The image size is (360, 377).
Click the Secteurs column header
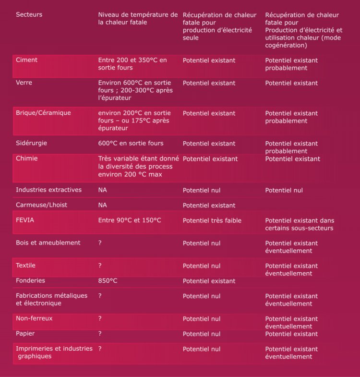29,14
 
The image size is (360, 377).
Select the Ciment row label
26,60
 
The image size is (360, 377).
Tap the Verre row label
24,83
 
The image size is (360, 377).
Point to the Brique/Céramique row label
43,113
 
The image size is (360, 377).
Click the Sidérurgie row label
31,143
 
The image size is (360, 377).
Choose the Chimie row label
26,158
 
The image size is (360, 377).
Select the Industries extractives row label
48,190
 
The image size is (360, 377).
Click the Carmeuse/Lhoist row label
41,205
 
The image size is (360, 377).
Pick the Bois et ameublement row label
48,243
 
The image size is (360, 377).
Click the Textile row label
25,265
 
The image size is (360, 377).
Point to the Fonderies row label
30,280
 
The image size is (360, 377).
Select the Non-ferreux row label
34,318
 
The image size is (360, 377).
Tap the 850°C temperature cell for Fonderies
108,280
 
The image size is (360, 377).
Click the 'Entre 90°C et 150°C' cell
130,220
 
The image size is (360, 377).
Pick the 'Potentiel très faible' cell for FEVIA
212,220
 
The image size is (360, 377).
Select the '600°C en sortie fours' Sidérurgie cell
131,143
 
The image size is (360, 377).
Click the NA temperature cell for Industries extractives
102,190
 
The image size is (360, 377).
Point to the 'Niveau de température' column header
137,18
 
